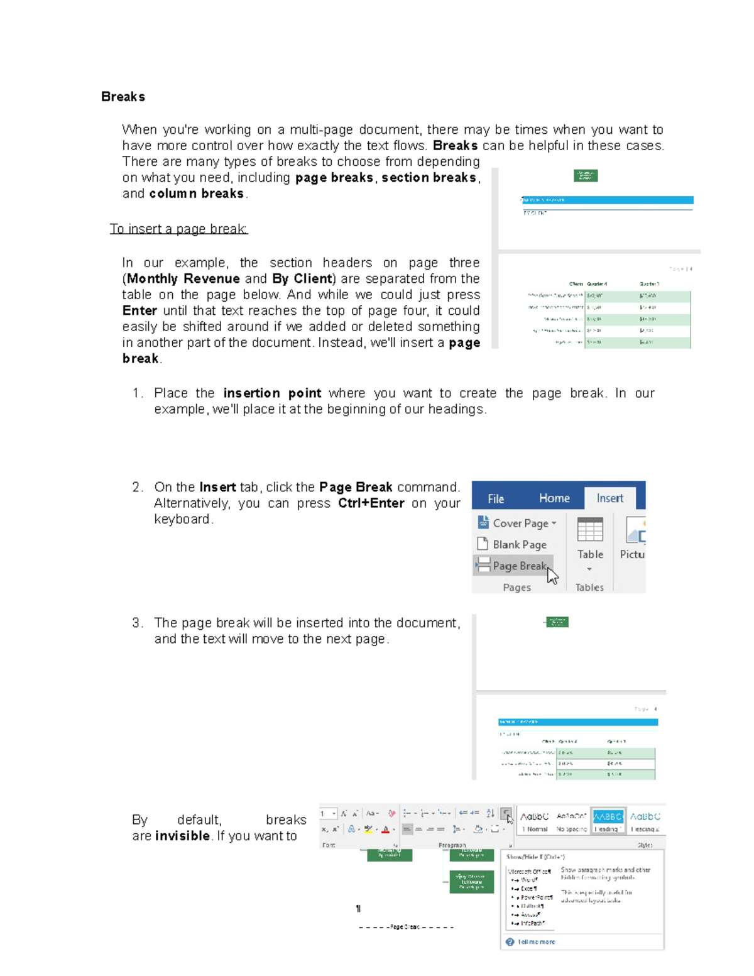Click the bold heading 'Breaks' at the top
123,97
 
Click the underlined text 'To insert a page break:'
178,229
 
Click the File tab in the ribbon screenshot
496,498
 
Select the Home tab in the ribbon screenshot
554,498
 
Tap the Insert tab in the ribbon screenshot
609,498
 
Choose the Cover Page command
520,523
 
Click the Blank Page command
519,544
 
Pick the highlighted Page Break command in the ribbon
513,566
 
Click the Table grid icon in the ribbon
590,530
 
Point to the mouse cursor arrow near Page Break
552,575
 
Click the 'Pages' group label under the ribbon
516,588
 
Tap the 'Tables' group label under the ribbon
589,588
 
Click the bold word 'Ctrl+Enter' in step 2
371,503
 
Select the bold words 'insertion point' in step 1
272,393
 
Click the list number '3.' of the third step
138,623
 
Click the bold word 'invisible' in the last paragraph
182,836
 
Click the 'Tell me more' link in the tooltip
536,941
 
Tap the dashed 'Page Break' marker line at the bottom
405,927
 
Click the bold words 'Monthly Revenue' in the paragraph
183,279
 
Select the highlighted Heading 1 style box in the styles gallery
608,821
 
